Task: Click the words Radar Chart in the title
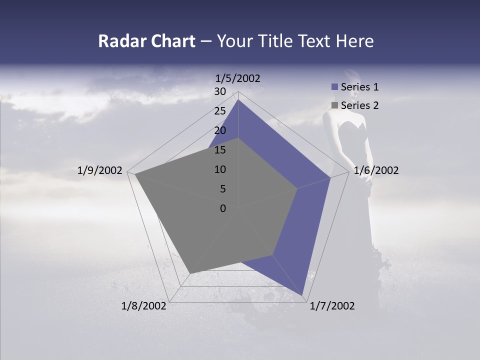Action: tap(146, 41)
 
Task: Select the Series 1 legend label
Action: tap(359, 87)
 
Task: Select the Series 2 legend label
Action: tap(359, 105)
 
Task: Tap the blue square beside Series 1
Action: tap(334, 87)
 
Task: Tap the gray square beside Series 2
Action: tap(334, 105)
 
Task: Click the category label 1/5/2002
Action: tap(238, 78)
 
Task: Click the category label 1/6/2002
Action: tap(376, 170)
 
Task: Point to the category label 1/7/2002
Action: tap(332, 306)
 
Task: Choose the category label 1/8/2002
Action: tap(144, 306)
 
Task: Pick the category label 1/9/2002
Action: tap(100, 170)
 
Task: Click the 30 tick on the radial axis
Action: tap(220, 91)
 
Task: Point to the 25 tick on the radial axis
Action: tap(220, 111)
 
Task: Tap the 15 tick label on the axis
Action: tap(220, 150)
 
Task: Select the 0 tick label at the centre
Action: tap(223, 208)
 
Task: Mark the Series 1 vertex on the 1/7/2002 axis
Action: tap(302, 295)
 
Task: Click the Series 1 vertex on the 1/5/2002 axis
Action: tap(238, 100)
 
